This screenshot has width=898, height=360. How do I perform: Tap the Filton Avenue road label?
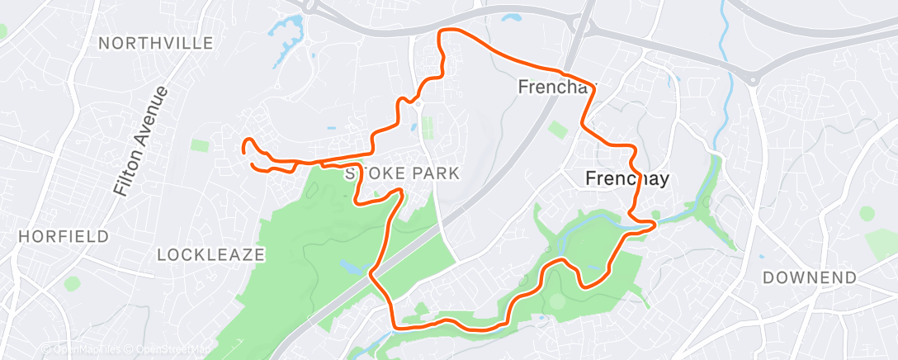click(x=142, y=141)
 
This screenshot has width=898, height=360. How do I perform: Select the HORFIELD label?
click(x=64, y=236)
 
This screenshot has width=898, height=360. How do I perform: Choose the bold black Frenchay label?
click(x=626, y=178)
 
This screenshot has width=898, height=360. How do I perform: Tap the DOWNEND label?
click(x=810, y=277)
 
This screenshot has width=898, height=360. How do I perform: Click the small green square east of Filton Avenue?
click(x=200, y=145)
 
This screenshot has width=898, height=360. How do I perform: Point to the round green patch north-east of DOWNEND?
click(x=867, y=214)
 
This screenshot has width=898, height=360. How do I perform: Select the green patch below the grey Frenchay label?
click(x=558, y=130)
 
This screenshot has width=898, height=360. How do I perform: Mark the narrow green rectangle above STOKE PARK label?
click(x=427, y=128)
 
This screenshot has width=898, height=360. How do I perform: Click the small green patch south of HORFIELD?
click(x=72, y=283)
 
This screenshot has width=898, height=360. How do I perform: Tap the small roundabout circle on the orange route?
click(x=418, y=104)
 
